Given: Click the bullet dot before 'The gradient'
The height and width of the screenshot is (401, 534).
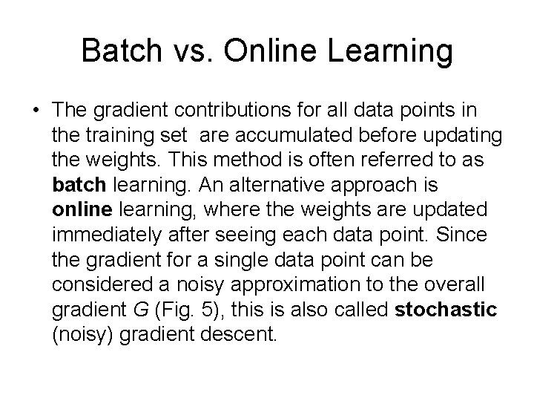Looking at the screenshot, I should click(x=35, y=111).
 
